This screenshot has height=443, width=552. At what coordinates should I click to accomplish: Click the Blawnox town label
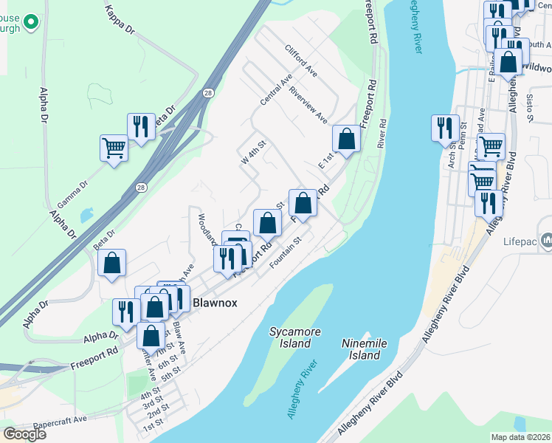pyautogui.click(x=213, y=303)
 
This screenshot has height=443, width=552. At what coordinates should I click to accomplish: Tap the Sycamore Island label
pyautogui.click(x=295, y=338)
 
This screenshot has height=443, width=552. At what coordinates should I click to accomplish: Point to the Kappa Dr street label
pyautogui.click(x=120, y=20)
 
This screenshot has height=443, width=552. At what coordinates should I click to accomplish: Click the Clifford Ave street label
pyautogui.click(x=301, y=61)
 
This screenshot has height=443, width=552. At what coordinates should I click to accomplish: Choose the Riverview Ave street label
pyautogui.click(x=308, y=106)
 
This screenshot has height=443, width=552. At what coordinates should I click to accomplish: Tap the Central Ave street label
pyautogui.click(x=277, y=89)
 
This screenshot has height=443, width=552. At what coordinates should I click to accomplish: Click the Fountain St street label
pyautogui.click(x=287, y=252)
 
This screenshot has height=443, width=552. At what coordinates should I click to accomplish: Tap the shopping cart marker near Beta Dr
pyautogui.click(x=114, y=148)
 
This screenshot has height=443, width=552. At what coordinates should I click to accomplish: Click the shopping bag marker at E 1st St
pyautogui.click(x=345, y=137)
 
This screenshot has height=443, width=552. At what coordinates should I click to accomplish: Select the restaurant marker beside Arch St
pyautogui.click(x=445, y=127)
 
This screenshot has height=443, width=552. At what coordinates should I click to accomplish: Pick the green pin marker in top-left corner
pyautogui.click(x=30, y=22)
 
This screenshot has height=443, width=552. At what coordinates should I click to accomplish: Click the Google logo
pyautogui.click(x=24, y=433)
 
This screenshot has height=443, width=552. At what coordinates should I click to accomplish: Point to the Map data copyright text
pyautogui.click(x=521, y=437)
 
